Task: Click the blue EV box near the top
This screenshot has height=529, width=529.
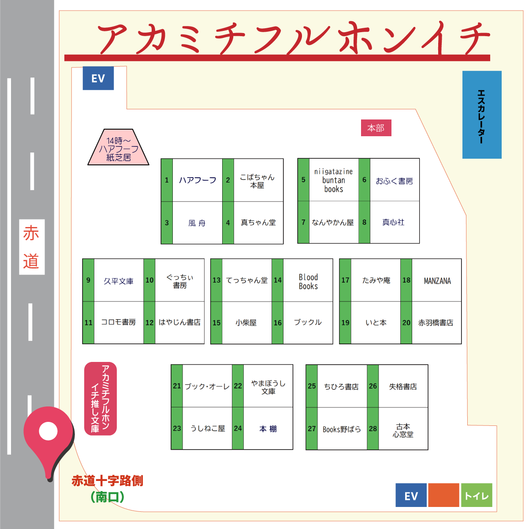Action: [x=98, y=78]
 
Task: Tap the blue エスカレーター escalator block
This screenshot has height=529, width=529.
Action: [x=481, y=115]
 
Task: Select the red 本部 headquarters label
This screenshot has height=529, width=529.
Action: [x=376, y=128]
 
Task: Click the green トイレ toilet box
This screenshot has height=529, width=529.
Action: [x=477, y=495]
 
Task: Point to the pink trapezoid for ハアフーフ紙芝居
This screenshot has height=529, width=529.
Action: [x=119, y=149]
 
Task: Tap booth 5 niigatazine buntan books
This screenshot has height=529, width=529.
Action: [x=333, y=180]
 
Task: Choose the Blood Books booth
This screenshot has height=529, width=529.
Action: [x=308, y=281]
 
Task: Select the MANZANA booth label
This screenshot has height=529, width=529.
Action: [x=437, y=281]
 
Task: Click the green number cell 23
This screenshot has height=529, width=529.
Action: [x=177, y=428]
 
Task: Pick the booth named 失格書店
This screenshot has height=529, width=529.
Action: [x=402, y=386]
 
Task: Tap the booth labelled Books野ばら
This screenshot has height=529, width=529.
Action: [x=342, y=429]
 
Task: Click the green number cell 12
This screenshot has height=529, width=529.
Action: [x=149, y=322]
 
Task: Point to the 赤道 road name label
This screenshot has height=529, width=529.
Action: [x=32, y=247]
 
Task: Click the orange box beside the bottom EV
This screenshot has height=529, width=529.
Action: [x=443, y=495]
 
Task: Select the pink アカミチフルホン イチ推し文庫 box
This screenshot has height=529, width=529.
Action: [x=101, y=399]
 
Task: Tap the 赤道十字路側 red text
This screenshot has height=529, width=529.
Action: [x=107, y=481]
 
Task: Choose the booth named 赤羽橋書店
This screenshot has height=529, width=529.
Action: [x=436, y=323]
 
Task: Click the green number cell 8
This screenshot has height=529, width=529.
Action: [x=364, y=222]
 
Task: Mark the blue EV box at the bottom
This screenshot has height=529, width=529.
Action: [x=411, y=495]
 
